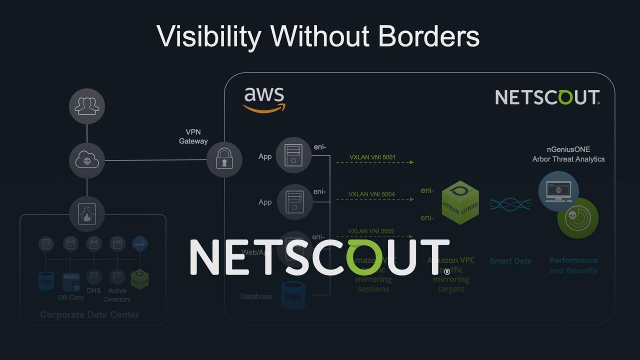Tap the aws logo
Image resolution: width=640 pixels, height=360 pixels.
click(264, 99)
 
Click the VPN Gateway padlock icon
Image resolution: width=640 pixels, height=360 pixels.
click(224, 160)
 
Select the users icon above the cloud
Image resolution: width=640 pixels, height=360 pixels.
click(87, 106)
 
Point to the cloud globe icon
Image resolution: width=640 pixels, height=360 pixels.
click(87, 160)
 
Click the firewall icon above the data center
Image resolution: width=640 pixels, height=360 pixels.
click(87, 214)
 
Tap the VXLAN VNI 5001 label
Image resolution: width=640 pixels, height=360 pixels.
click(372, 157)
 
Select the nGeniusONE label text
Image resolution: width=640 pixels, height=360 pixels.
click(568, 149)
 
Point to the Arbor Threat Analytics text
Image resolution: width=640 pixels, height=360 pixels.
click(568, 159)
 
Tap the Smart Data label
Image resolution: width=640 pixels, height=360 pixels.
click(510, 260)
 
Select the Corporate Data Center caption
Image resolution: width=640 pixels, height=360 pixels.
click(89, 314)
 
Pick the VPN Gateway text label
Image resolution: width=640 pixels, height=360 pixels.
click(193, 136)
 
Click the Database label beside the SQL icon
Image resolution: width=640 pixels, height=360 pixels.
click(256, 296)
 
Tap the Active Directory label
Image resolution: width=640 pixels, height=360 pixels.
click(117, 295)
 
